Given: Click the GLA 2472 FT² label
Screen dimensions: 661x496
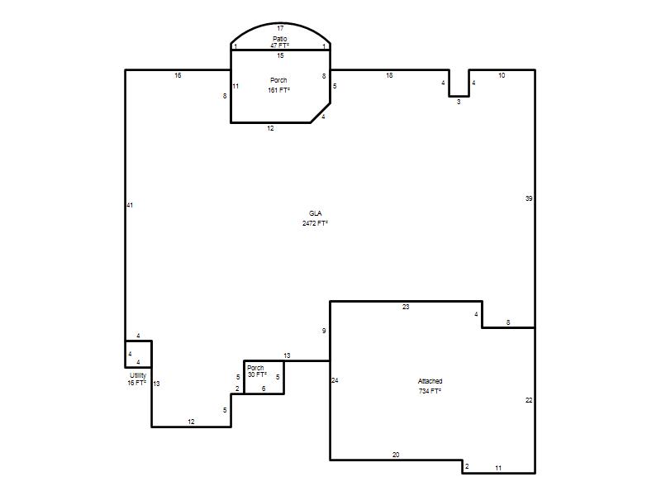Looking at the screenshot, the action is coord(315,218).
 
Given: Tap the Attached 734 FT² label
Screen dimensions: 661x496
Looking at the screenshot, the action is coord(430,386).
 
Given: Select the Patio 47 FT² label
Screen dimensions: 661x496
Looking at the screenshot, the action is coord(280,42).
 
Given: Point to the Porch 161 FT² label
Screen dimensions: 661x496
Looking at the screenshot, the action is coord(278,85).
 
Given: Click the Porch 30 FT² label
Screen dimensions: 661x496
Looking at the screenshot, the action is coord(257,371).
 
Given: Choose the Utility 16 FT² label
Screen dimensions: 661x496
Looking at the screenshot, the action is coord(137,379).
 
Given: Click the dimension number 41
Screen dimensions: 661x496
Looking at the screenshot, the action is coord(130,205).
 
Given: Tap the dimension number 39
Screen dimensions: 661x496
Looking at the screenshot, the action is coord(529,198).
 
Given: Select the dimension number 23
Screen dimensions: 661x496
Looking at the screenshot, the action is coord(406,307).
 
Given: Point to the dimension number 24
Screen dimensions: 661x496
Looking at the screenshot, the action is coord(335,380).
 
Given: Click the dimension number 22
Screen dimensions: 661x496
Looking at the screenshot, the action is coord(529,400).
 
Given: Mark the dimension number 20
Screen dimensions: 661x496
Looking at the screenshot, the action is coord(396,455).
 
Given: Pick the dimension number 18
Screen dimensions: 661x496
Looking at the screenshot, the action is coord(389,75).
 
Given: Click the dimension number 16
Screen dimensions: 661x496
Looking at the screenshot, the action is coord(178,75).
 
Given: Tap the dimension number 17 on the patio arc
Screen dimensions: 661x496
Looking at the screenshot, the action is coord(280,28).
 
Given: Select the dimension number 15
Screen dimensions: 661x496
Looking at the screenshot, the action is coord(280,55).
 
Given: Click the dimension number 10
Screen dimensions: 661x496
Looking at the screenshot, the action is coord(502,75).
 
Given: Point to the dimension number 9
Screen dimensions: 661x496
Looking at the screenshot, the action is coord(324,331).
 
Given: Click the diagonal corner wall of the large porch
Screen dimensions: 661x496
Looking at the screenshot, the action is coord(321,112).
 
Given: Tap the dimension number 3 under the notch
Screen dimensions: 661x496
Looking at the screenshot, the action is coord(459,102).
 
